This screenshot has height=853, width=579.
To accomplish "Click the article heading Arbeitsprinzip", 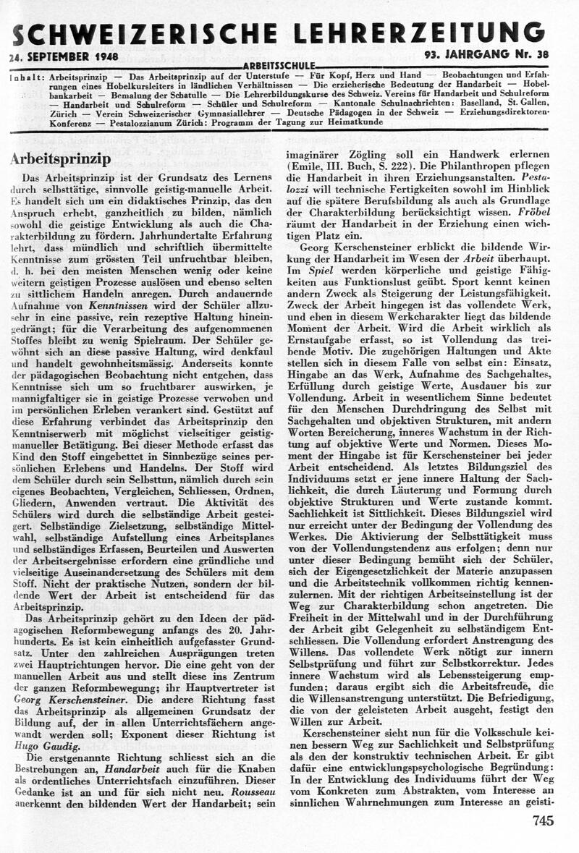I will [60, 159].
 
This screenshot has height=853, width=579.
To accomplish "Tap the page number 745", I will [542, 820].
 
